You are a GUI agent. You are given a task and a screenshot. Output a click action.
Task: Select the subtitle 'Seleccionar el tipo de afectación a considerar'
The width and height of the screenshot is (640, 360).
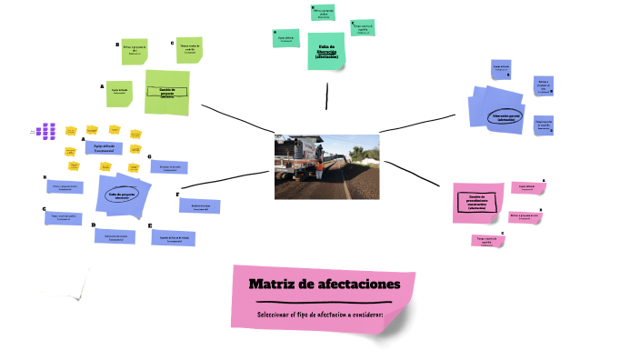[320, 315]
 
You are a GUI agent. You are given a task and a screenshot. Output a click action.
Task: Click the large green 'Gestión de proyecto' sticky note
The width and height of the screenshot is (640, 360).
[166, 92]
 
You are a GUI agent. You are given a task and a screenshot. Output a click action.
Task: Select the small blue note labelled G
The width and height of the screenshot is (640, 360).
[169, 168]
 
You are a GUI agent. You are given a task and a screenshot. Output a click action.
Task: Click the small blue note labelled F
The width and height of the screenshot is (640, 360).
[200, 205]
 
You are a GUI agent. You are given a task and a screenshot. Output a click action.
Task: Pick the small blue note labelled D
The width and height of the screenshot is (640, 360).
[115, 235]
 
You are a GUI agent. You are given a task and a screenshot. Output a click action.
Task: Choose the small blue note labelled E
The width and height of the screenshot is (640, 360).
[173, 237]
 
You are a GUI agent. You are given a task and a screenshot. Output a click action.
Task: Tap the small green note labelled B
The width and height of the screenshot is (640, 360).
[135, 52]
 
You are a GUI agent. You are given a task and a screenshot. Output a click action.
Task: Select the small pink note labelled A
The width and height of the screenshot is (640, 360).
[527, 188]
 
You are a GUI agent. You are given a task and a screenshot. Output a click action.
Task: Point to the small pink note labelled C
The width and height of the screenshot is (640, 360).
[486, 241]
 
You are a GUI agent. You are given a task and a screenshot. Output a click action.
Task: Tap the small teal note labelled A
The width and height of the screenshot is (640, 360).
[287, 38]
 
